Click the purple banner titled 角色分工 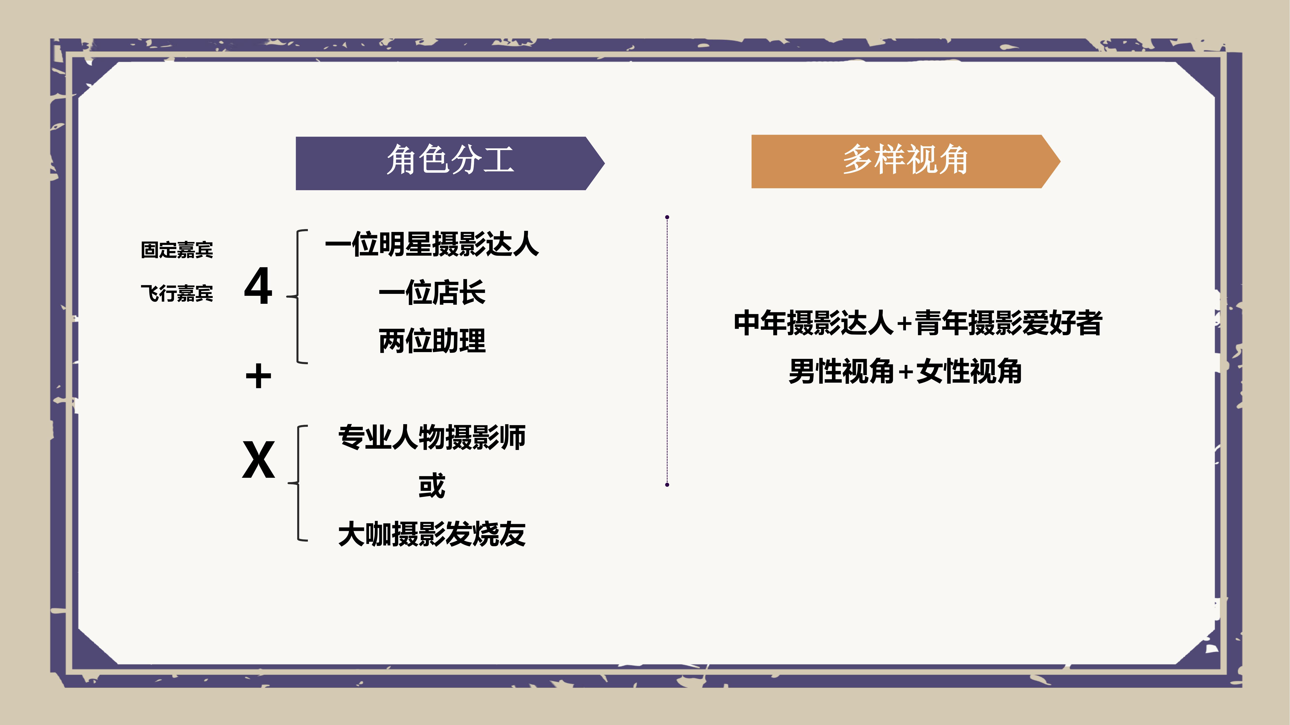tap(450, 163)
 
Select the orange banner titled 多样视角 tap(905, 161)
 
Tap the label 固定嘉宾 tap(177, 250)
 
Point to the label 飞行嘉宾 tap(177, 293)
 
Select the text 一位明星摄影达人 tap(432, 244)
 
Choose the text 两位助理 tap(432, 341)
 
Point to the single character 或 tap(432, 485)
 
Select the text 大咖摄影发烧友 tap(432, 534)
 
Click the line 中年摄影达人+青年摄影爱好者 tap(918, 323)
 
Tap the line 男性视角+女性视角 tap(905, 371)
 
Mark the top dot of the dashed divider tap(667, 217)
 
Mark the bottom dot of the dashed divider tap(667, 484)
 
